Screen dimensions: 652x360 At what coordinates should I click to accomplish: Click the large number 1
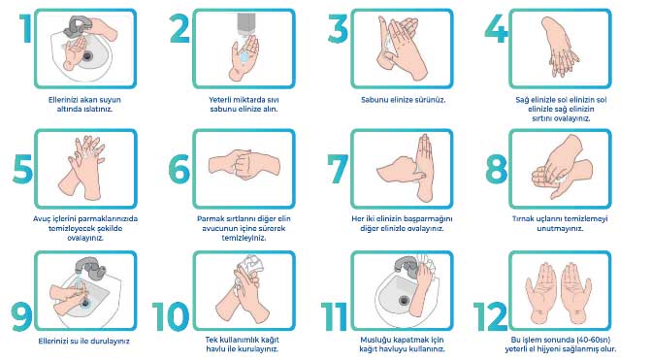tap(26, 28)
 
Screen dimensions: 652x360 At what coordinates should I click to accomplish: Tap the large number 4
tap(496, 28)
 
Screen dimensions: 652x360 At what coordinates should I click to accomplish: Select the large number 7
tap(338, 169)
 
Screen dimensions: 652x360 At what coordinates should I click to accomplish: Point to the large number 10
tap(171, 316)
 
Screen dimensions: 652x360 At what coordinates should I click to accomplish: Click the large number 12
tap(490, 316)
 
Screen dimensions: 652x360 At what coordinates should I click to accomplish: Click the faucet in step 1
tap(77, 26)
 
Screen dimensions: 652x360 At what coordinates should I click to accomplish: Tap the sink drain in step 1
tap(87, 55)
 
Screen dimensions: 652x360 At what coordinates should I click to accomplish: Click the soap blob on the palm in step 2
tap(244, 55)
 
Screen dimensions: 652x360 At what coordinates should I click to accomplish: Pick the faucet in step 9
tap(90, 267)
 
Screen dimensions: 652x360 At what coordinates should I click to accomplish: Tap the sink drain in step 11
tap(404, 300)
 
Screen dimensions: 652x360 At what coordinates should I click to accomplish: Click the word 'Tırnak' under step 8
tap(524, 218)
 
